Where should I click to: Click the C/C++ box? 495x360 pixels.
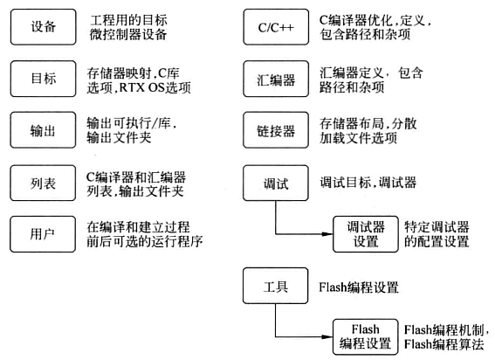click(275, 28)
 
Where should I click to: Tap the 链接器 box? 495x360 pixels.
click(275, 130)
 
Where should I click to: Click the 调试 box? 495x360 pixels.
click(275, 183)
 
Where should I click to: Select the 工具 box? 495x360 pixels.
click(275, 285)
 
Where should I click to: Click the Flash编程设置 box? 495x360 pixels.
click(366, 336)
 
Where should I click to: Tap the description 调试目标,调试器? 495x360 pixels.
click(368, 183)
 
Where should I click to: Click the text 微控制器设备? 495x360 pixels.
click(127, 36)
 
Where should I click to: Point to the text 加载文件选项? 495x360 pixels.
click(358, 138)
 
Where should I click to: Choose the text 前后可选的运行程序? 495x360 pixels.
click(145, 241)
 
